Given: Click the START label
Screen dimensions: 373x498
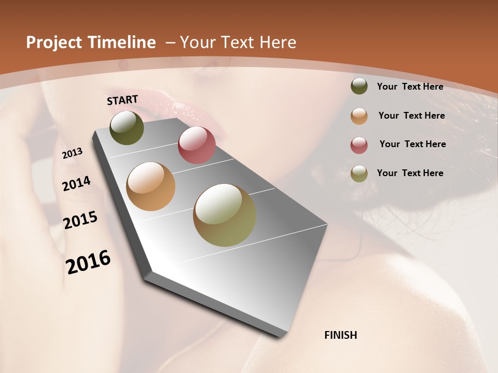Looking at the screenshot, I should point(122,100).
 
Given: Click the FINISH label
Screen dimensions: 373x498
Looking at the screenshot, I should point(340,335).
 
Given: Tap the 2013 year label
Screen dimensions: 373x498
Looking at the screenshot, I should point(73,153).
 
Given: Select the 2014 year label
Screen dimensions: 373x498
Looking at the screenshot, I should point(76,183).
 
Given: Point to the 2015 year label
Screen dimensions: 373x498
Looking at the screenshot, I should point(80,220).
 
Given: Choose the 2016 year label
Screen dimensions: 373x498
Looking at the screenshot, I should point(88,262).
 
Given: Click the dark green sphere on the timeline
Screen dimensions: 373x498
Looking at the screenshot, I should point(127,128).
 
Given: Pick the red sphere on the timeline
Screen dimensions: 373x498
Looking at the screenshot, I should point(197,145).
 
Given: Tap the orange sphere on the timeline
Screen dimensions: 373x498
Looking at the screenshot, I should point(151,187).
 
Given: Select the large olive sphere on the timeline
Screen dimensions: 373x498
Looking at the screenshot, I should point(225,215).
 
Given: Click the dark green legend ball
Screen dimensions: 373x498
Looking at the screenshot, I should point(359,86).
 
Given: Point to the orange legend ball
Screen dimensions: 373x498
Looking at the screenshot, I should point(359,116).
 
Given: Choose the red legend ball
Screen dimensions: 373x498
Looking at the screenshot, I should point(359,145).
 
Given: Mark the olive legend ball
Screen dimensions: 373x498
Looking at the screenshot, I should point(359,174).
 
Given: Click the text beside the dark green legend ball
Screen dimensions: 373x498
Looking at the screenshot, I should point(410,87).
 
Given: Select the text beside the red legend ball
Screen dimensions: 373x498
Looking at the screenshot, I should point(412,144).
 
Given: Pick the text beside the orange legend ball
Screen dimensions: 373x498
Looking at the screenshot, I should point(411,116).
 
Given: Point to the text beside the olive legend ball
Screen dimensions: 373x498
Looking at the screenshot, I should point(410,173).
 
